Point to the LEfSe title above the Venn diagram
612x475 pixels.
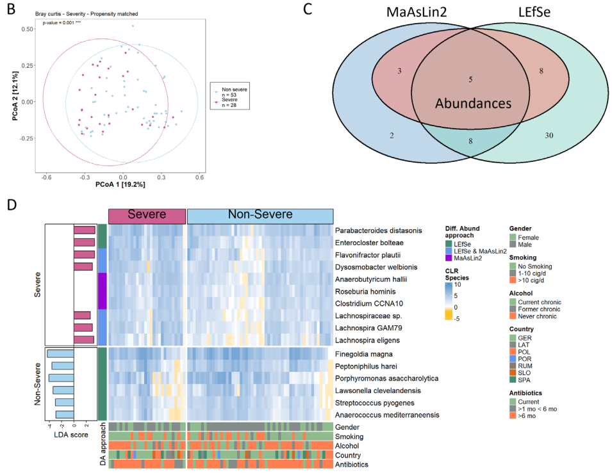point(536,13)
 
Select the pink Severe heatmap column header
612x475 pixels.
point(146,216)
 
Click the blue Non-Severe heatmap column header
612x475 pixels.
point(260,216)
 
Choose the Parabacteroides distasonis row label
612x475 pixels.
point(378,230)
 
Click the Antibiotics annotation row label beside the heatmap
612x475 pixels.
point(354,464)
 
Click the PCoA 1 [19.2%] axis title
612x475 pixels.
point(121,185)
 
